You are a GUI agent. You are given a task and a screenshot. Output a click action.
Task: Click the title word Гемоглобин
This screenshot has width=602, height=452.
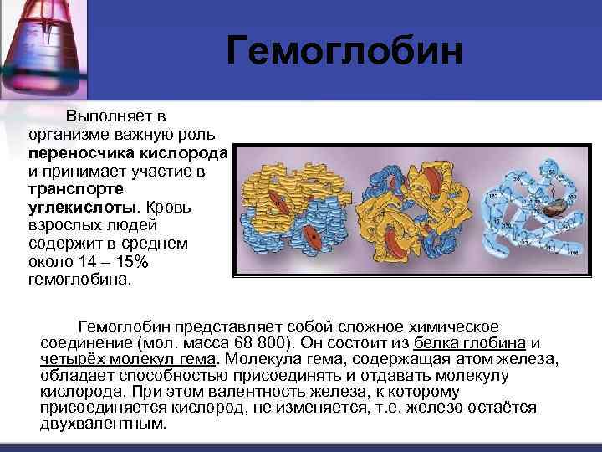(344, 51)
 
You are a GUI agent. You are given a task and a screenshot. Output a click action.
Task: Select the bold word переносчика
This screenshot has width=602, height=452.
(72, 154)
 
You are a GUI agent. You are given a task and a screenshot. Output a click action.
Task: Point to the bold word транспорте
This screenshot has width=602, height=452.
(71, 191)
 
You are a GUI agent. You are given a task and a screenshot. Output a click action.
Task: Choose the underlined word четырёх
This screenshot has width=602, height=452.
(72, 359)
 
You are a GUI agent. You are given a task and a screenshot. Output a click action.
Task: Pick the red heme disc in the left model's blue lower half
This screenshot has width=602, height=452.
(311, 237)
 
